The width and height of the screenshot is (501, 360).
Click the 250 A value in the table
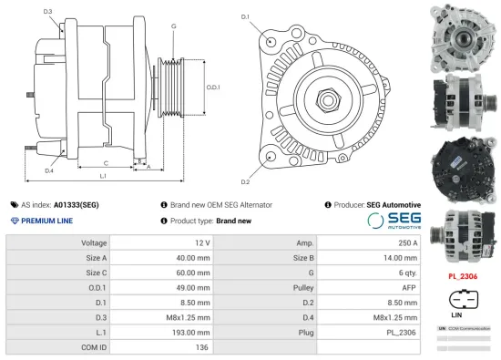click(x=407, y=242)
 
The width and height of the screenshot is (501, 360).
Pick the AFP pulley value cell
click(x=408, y=287)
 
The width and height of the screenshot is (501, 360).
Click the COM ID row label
click(x=94, y=347)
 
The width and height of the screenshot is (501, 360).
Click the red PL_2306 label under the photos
click(x=464, y=275)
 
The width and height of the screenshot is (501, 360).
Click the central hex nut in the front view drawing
click(x=326, y=96)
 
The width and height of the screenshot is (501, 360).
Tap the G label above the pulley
click(x=173, y=26)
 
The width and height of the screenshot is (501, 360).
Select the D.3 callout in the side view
click(x=47, y=12)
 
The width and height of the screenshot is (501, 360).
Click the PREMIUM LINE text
click(x=46, y=221)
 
